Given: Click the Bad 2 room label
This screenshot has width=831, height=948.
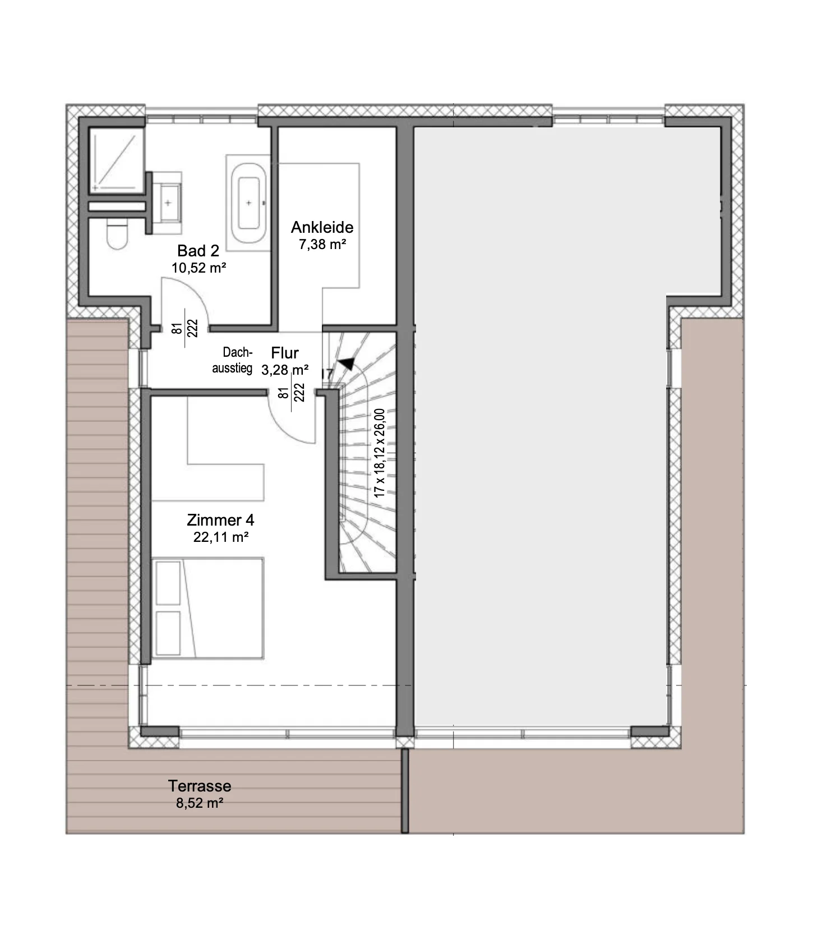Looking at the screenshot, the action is [x=198, y=250].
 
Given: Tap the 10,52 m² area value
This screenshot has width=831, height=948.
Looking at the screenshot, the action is [x=199, y=268].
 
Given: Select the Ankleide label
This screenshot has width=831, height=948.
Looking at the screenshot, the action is [x=322, y=227].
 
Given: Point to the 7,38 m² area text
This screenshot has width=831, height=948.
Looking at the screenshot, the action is [x=322, y=244].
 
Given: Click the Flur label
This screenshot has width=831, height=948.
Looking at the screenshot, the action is [x=285, y=353].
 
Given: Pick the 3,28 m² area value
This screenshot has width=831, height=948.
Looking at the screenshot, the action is [x=285, y=370].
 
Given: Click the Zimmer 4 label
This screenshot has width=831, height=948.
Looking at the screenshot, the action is [x=220, y=520].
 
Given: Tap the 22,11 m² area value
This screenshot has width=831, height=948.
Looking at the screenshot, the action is [x=221, y=537].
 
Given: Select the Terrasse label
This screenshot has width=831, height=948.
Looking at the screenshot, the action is [x=200, y=786].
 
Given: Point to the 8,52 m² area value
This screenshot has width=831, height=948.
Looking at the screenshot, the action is [x=200, y=803].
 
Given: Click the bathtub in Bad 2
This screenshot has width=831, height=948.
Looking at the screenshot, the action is [x=249, y=203].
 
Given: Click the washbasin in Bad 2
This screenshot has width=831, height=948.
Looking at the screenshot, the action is [x=168, y=203].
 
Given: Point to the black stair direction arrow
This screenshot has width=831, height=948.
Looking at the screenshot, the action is [x=348, y=363].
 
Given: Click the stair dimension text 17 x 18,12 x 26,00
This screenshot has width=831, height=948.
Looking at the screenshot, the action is [x=380, y=453].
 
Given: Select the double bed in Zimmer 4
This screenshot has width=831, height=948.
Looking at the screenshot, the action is [x=207, y=608].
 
